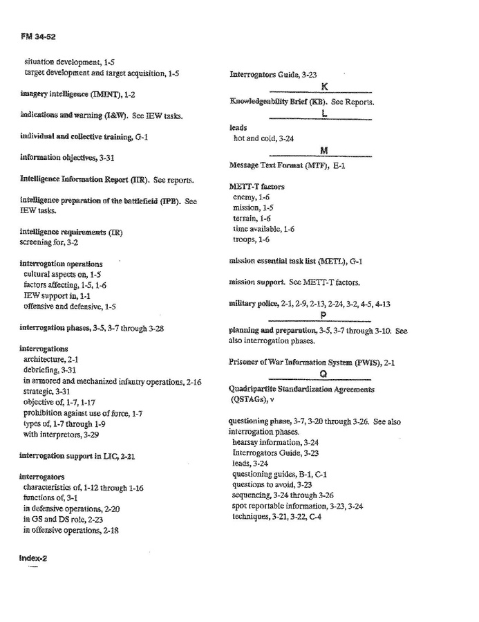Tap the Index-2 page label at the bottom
tap(32, 558)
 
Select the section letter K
tap(323, 86)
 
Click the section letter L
tap(323, 114)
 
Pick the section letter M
tap(323, 151)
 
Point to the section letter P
tap(323, 315)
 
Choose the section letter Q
tap(323, 374)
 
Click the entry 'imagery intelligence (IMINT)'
tap(77, 94)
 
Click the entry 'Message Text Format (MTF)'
tap(287, 166)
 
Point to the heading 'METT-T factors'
tap(256, 187)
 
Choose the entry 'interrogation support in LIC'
tap(77, 456)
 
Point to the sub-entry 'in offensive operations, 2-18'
tap(71, 530)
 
